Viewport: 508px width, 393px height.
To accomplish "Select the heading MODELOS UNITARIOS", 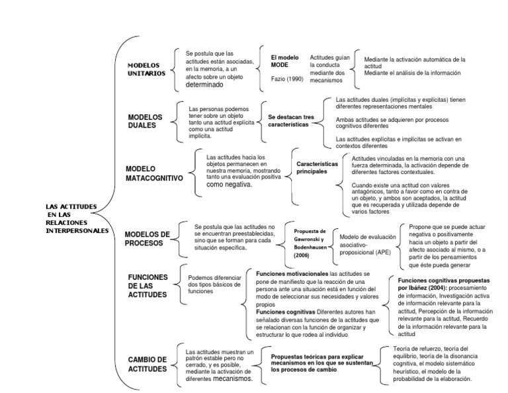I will [x=147, y=69].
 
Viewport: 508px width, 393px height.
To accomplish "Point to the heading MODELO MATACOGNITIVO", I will [x=153, y=173].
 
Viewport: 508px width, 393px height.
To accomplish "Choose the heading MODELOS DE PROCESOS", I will [x=147, y=238].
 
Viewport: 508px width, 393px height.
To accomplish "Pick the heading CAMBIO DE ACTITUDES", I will [x=148, y=363].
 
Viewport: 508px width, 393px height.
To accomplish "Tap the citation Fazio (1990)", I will [x=286, y=79].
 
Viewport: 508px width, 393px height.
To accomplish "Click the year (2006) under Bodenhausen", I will [x=302, y=254].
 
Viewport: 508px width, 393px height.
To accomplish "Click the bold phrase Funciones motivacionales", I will [x=291, y=273].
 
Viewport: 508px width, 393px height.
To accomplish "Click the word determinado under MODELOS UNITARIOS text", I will [x=209, y=85].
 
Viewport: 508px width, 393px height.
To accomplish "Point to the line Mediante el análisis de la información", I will [x=412, y=72].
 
